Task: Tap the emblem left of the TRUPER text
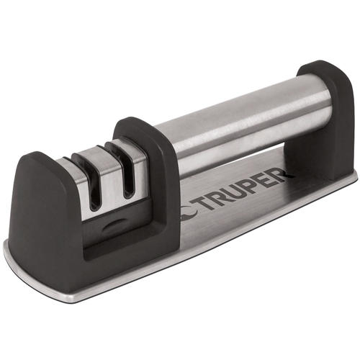189,213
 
